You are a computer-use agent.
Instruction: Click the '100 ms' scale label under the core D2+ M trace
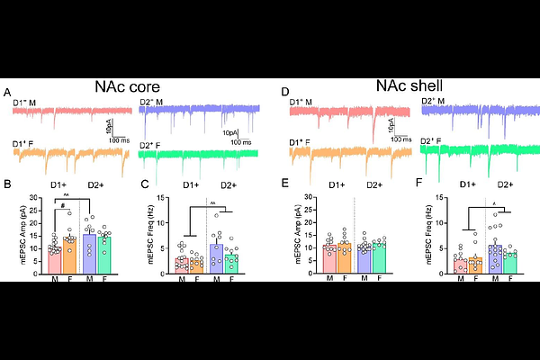[x=239, y=141]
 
